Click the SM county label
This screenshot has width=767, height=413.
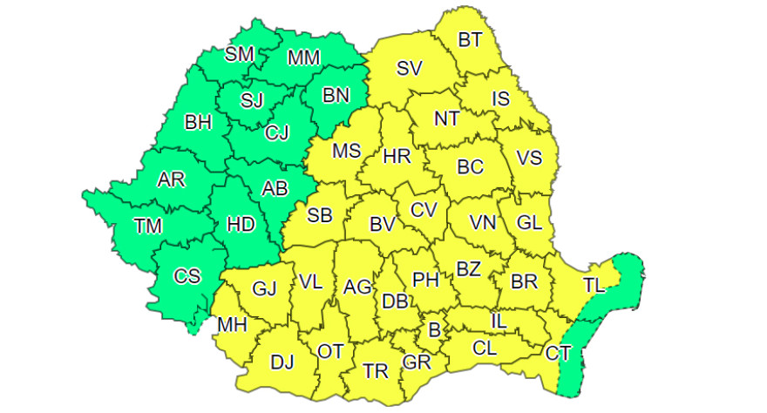(239, 54)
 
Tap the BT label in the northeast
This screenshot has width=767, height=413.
(470, 39)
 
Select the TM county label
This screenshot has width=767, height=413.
(147, 226)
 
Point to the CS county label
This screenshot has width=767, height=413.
(187, 276)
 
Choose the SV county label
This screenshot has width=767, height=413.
(409, 69)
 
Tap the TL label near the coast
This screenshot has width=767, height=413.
(594, 285)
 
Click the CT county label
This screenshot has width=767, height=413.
(558, 353)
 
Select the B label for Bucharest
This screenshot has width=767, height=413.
(433, 330)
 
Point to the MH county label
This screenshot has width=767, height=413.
(233, 325)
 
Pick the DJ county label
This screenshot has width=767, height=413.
(282, 361)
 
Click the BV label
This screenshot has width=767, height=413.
(383, 224)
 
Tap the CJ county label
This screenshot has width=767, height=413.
(277, 132)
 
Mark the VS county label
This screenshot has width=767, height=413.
(529, 158)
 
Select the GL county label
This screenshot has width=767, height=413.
(529, 222)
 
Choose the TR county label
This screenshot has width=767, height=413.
(375, 371)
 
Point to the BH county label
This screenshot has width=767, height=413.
(198, 123)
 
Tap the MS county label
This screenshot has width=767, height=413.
(346, 151)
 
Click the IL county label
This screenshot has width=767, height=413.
(498, 321)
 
